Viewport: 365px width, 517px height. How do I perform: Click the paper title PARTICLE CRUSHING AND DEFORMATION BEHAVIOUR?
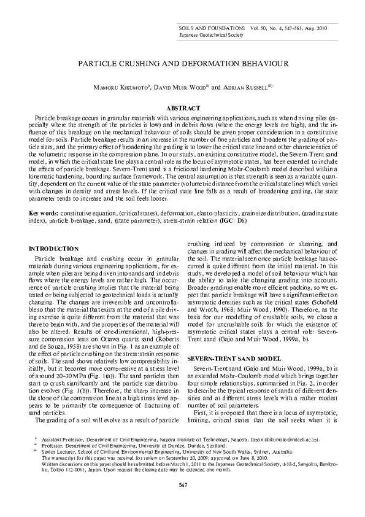[x=182, y=63]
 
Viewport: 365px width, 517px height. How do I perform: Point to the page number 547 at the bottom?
[x=182, y=486]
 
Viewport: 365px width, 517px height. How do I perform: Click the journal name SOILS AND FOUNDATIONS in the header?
[x=208, y=28]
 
